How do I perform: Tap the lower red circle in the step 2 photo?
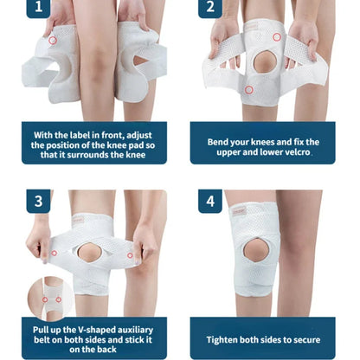coord(250,89)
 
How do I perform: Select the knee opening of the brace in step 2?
coord(265,63)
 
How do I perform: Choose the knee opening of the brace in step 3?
coord(89,256)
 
